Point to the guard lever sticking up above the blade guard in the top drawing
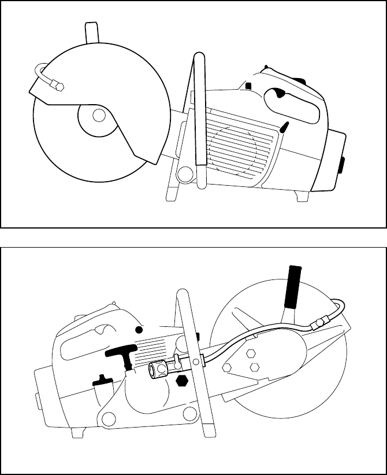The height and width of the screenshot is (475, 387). (91, 34)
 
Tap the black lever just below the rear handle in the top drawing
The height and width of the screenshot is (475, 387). (284, 127)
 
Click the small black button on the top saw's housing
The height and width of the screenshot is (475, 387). (248, 86)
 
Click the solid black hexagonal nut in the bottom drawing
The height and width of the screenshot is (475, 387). (182, 381)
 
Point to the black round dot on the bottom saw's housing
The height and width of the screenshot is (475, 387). (139, 330)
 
